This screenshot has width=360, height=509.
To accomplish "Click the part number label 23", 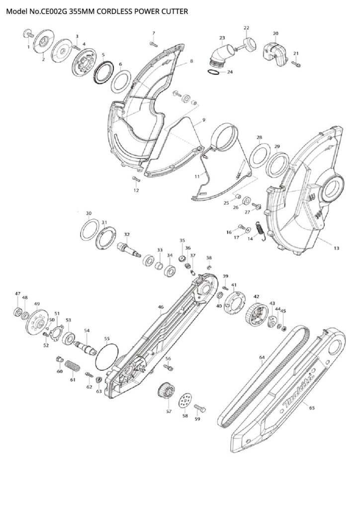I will point(222,38).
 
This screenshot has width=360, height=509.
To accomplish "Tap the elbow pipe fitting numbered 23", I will point(220,56).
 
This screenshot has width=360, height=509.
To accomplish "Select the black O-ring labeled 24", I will point(212,72).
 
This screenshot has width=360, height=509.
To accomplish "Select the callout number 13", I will point(337,247).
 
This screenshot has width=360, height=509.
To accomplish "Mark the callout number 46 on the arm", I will point(161,307).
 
